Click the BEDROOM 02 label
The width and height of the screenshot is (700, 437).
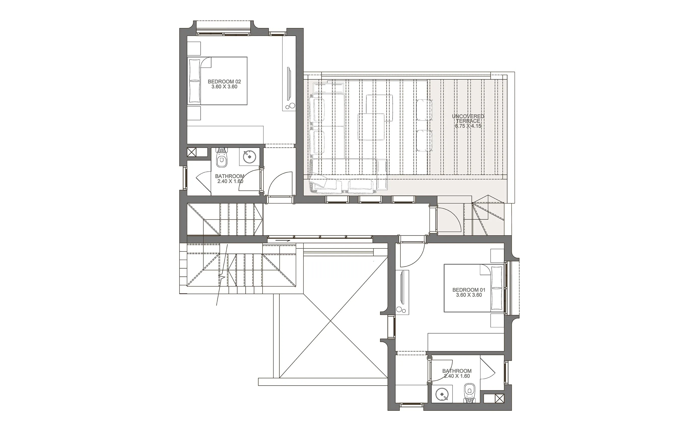(x=224, y=82)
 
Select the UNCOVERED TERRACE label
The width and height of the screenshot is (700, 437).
(x=468, y=119)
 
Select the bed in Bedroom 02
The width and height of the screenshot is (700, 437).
(x=217, y=81)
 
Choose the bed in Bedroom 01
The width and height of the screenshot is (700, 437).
(x=474, y=288)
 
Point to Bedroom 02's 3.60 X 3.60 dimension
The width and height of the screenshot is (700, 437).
(x=224, y=87)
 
